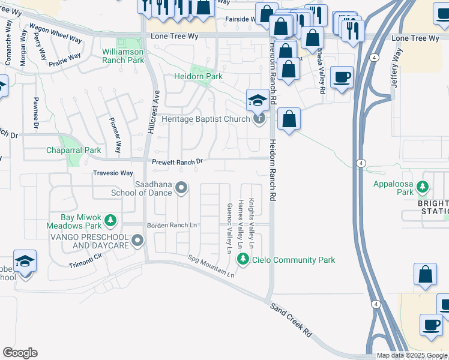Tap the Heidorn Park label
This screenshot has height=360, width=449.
tap(198, 77)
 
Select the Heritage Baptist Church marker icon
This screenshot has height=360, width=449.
tap(259, 119)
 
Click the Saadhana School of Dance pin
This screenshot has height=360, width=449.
tap(181, 189)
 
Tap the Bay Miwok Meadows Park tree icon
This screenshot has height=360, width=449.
tap(110, 221)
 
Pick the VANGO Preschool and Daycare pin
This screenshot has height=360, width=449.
tap(137, 241)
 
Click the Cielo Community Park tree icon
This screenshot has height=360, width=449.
tap(243, 259)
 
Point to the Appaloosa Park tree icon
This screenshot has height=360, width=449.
tap(423, 187)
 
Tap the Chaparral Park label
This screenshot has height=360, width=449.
tap(74, 150)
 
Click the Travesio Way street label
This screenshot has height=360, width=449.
tap(112, 173)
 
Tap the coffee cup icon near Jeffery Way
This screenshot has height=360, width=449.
tap(342, 77)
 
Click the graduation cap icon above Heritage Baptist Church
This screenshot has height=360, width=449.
tap(257, 100)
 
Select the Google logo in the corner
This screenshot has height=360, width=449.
tap(20, 353)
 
